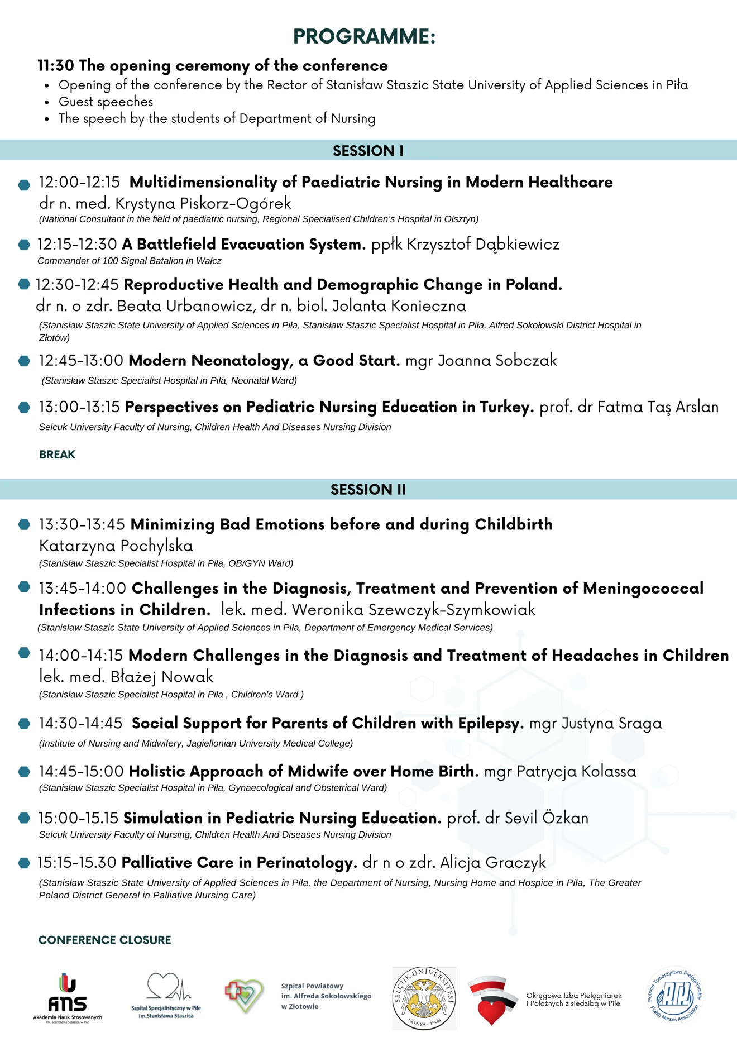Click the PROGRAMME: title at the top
[x=364, y=36]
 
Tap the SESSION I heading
[x=368, y=151]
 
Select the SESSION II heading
[x=368, y=489]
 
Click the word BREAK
[x=57, y=455]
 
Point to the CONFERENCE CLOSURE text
[x=105, y=940]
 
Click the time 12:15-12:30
[x=77, y=244]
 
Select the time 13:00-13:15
[x=79, y=407]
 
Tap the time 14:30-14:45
[x=80, y=723]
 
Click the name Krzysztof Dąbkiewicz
[x=482, y=244]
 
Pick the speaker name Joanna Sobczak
[x=497, y=360]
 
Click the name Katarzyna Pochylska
[x=116, y=546]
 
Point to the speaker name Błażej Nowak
[x=162, y=677]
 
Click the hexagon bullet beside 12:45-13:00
[x=24, y=361]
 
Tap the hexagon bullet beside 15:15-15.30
[x=24, y=863]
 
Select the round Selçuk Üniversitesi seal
[x=424, y=998]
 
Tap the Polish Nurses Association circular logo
[x=675, y=996]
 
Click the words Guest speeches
[x=106, y=102]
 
